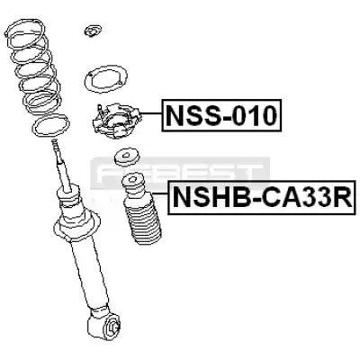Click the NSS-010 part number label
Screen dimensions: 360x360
tap(221, 115)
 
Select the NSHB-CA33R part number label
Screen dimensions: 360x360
tap(262, 198)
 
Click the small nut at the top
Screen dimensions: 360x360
tap(93, 31)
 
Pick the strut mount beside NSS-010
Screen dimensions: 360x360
tap(116, 121)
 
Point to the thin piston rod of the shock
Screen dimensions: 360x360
tap(62, 165)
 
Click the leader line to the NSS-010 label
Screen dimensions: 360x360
tap(151, 113)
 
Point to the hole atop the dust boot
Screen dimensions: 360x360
tap(131, 180)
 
